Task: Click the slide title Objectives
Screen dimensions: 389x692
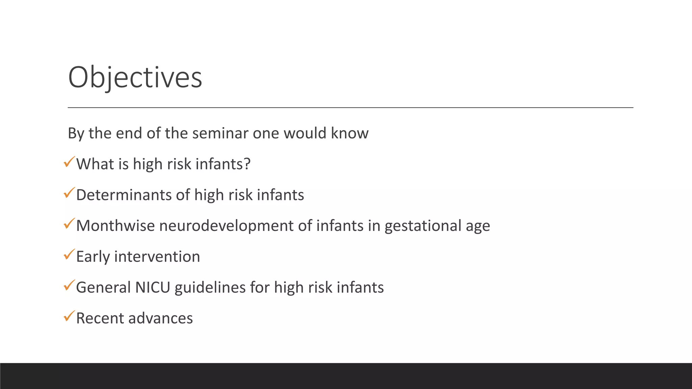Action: tap(135, 78)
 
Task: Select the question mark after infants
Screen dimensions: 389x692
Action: tap(247, 164)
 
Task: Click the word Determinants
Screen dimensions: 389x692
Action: tap(124, 195)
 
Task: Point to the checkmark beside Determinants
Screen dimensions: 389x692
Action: tap(69, 193)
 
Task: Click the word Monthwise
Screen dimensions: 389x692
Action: tap(115, 226)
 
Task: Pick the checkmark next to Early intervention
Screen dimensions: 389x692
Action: tap(69, 255)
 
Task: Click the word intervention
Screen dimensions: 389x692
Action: tap(157, 257)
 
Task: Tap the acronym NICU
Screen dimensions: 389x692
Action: tap(152, 287)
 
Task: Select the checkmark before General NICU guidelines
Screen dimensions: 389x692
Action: tap(69, 285)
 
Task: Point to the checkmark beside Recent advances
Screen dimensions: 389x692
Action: tap(69, 316)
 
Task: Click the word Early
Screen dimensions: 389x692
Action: tap(93, 257)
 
